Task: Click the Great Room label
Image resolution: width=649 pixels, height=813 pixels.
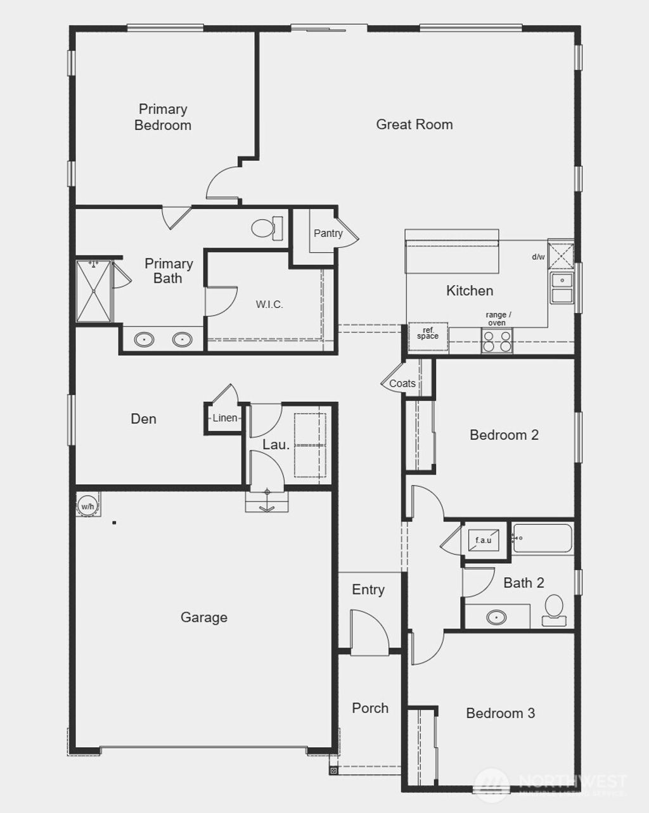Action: pos(414,124)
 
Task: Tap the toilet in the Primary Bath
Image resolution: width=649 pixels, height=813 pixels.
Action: pos(267,228)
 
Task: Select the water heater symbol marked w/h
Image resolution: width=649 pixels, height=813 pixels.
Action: pos(87,506)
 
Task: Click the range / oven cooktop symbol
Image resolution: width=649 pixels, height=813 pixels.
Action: pos(497,341)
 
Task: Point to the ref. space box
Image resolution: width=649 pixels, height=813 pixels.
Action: pos(428,333)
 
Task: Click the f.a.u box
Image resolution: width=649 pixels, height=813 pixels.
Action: pos(484,541)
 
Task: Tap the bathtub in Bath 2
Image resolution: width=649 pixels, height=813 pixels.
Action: pos(543,539)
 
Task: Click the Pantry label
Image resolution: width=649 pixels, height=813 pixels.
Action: pos(328,233)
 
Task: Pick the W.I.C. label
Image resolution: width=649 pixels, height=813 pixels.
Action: pos(269,305)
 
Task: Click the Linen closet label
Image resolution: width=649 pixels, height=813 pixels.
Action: pos(224,418)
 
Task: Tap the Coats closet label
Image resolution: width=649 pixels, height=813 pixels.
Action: pos(402,383)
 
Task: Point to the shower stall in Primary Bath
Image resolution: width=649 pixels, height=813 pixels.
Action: pos(94,291)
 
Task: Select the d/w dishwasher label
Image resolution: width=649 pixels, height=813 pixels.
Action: pos(538,257)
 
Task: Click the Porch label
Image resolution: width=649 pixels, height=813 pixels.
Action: pos(370,708)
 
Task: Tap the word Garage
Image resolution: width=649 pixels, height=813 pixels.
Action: pos(203,617)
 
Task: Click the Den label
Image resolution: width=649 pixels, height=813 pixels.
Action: pos(143,419)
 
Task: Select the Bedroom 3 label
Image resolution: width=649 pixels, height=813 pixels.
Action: pos(500,714)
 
